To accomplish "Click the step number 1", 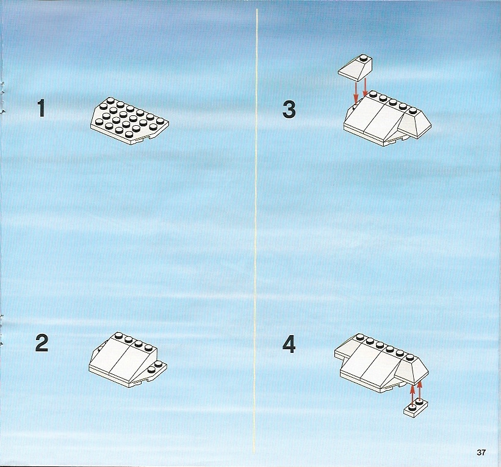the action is point(41,108).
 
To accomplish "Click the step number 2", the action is point(42,343).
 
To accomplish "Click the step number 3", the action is point(289,109).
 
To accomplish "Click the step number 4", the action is point(289,345).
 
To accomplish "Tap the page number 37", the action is point(481,452).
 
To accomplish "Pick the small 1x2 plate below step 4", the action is point(416,407).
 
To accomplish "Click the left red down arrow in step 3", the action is point(356,93).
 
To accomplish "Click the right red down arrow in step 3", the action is point(365,87).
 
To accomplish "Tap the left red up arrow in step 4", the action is point(413,394).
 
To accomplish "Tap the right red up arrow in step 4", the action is point(420,389).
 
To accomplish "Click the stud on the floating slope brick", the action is point(362,58).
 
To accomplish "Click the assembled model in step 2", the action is point(128,360).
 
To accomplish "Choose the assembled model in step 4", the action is point(381,363).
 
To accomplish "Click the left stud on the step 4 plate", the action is point(411,407).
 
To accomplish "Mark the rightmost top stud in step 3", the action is point(413,110).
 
